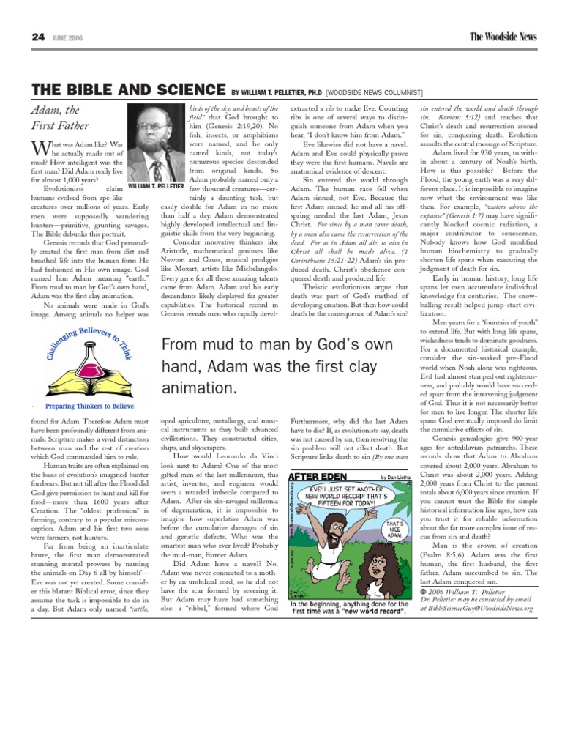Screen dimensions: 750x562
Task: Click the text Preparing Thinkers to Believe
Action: (x=89, y=405)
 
